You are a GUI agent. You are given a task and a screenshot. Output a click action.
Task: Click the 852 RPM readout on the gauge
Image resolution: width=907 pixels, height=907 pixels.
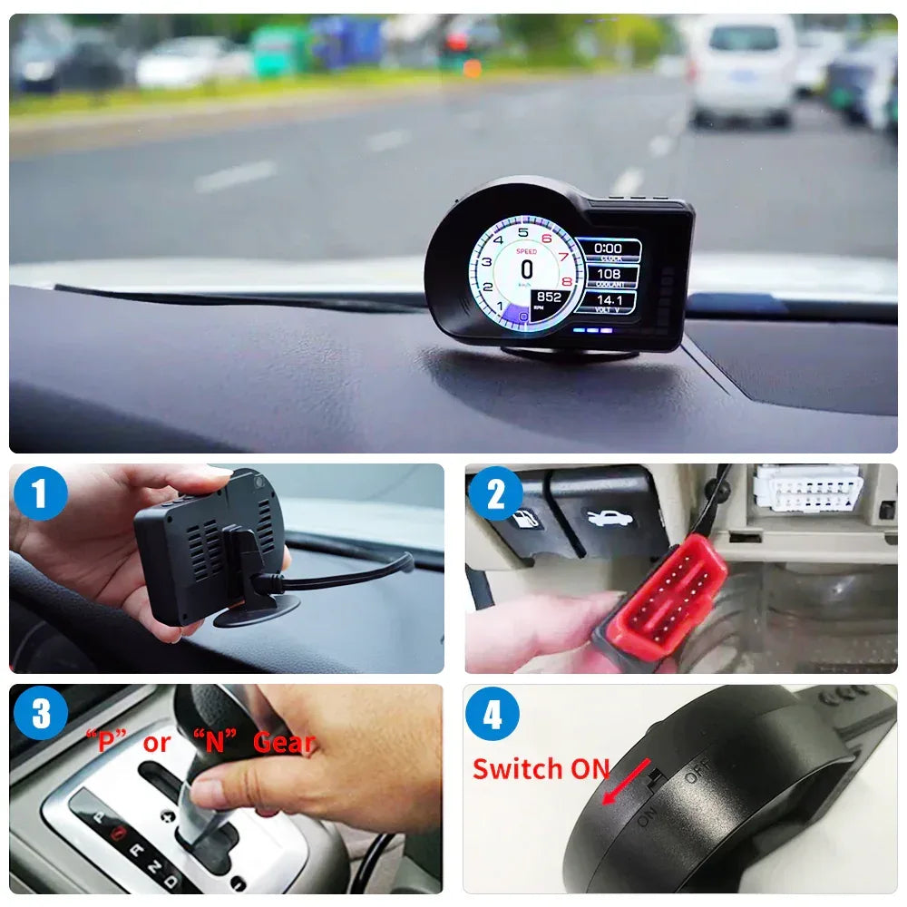[x=550, y=297]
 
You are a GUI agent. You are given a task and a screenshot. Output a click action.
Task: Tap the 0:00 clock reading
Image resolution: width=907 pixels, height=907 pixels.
[x=608, y=248]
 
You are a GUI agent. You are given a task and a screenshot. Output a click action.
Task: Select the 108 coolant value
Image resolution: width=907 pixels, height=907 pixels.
[x=608, y=274]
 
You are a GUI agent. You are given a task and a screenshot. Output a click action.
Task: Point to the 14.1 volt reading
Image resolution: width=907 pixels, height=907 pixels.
[x=608, y=299]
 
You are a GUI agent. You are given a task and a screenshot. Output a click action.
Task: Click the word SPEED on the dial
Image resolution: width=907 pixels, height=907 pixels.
[x=526, y=251]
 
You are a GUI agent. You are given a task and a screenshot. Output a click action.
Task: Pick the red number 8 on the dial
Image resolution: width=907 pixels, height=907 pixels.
[x=568, y=282]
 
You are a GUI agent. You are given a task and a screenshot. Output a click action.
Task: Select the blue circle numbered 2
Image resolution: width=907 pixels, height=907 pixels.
[x=495, y=494]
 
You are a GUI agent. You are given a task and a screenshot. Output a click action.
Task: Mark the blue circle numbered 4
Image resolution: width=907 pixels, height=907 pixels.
[x=493, y=713]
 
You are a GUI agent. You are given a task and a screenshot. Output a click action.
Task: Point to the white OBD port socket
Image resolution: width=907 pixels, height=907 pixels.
[x=806, y=489]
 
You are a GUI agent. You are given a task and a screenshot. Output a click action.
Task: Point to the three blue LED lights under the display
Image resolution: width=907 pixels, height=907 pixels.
[x=591, y=330]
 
